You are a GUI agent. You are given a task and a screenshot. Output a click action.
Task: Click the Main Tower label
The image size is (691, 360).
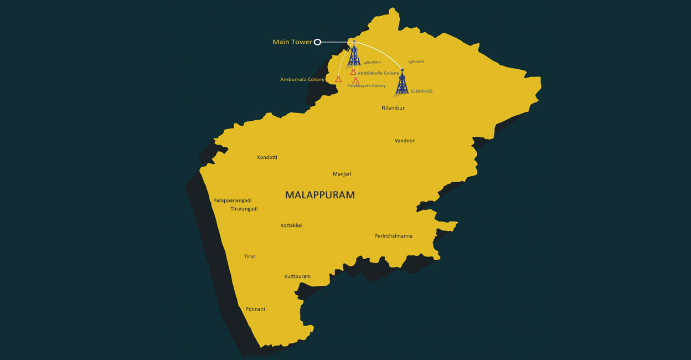pos(292,42)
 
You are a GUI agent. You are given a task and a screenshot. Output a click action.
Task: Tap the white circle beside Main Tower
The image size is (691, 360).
pos(317,42)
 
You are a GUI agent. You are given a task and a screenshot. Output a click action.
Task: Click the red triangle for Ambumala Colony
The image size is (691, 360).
pos(338,79)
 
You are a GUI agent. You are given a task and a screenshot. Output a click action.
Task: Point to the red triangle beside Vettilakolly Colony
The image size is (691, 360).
pos(353,72)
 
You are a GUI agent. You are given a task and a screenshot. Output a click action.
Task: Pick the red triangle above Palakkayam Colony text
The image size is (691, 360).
pos(355,80)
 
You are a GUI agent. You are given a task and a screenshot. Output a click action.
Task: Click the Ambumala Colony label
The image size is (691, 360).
pos(302,80)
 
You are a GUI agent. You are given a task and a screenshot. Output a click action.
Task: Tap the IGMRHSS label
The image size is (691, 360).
pos(421,91)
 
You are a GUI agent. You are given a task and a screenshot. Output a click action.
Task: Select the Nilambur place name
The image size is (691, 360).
pos(393,108)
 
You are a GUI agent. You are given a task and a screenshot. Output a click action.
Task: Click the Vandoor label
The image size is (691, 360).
pos(405,141)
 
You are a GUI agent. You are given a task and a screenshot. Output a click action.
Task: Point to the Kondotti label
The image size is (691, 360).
pos(267,157)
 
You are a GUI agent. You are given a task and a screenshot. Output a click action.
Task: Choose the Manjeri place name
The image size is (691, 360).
pos(342,174)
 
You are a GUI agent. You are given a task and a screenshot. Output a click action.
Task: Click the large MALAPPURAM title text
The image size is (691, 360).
pos(320,195)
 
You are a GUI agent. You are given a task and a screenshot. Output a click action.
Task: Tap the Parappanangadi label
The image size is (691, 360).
pos(233,200)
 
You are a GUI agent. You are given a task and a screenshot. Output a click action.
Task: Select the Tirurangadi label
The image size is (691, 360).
pos(244,209)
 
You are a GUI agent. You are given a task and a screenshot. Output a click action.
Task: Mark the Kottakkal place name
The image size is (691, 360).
pos(291,225)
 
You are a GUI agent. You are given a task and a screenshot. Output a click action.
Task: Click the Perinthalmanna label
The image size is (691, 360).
pos(394,236)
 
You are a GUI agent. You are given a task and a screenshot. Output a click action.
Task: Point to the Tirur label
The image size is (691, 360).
pos(250,256)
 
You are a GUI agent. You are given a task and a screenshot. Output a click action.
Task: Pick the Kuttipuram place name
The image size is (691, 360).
pos(297,276)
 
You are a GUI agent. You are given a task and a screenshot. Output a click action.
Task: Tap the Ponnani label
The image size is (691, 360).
pos(255,309)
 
